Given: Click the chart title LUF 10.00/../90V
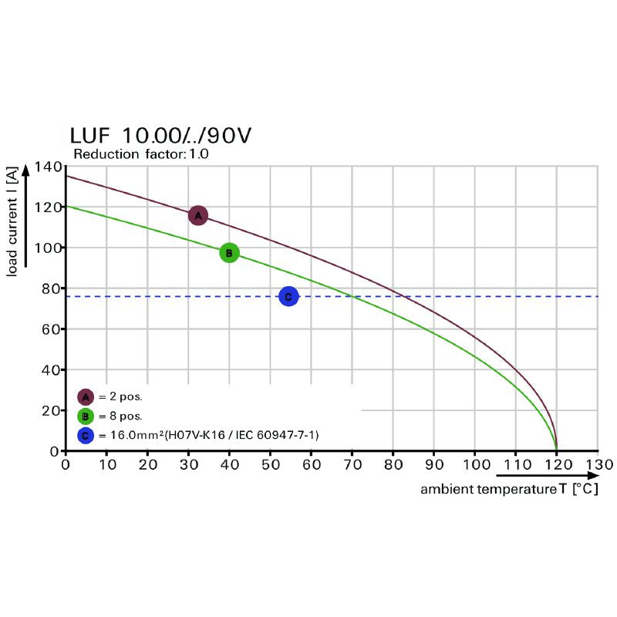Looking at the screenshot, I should pos(160,136).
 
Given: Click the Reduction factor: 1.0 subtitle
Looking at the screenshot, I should pos(140,154).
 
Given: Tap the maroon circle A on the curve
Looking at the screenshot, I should pos(197,215).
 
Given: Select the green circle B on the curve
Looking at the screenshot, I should pos(229,252).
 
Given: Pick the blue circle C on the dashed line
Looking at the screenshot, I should pos(288,296).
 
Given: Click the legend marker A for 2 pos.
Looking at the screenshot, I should pos(86,397).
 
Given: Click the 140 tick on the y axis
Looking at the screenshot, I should pos(47,167).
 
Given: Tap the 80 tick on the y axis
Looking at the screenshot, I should pos(51,288).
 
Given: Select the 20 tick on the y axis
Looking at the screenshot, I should pos(51,410).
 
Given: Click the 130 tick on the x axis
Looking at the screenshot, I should pos(598,465).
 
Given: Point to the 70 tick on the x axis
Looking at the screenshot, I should pos(352,465).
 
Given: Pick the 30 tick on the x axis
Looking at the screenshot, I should pos(188,465).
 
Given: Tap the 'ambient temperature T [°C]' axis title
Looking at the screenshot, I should pos(509,490).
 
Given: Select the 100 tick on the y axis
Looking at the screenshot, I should pos(47,248).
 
